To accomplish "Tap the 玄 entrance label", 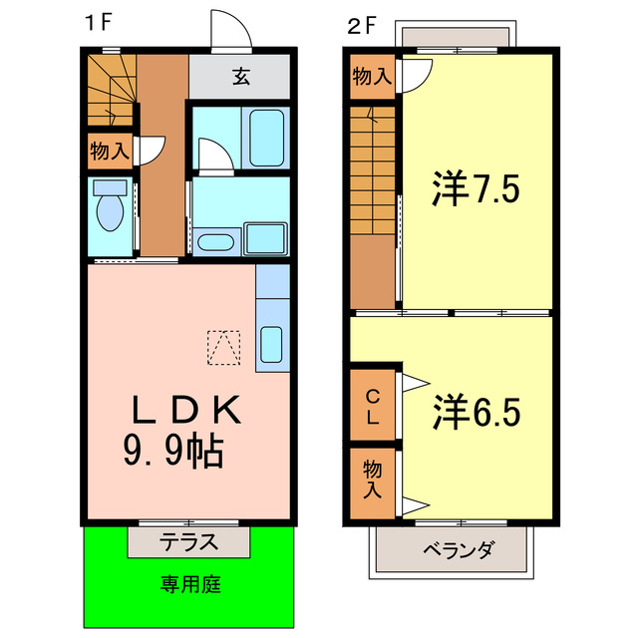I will [241, 75].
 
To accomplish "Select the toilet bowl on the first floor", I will [108, 211].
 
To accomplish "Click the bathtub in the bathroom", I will [266, 139].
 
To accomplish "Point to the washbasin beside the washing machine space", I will [214, 242].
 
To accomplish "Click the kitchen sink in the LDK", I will [271, 343].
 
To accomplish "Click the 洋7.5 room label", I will [477, 189].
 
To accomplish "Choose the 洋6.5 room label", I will [477, 412].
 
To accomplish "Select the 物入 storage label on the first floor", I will [109, 151].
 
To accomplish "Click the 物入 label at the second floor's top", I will [372, 76].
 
